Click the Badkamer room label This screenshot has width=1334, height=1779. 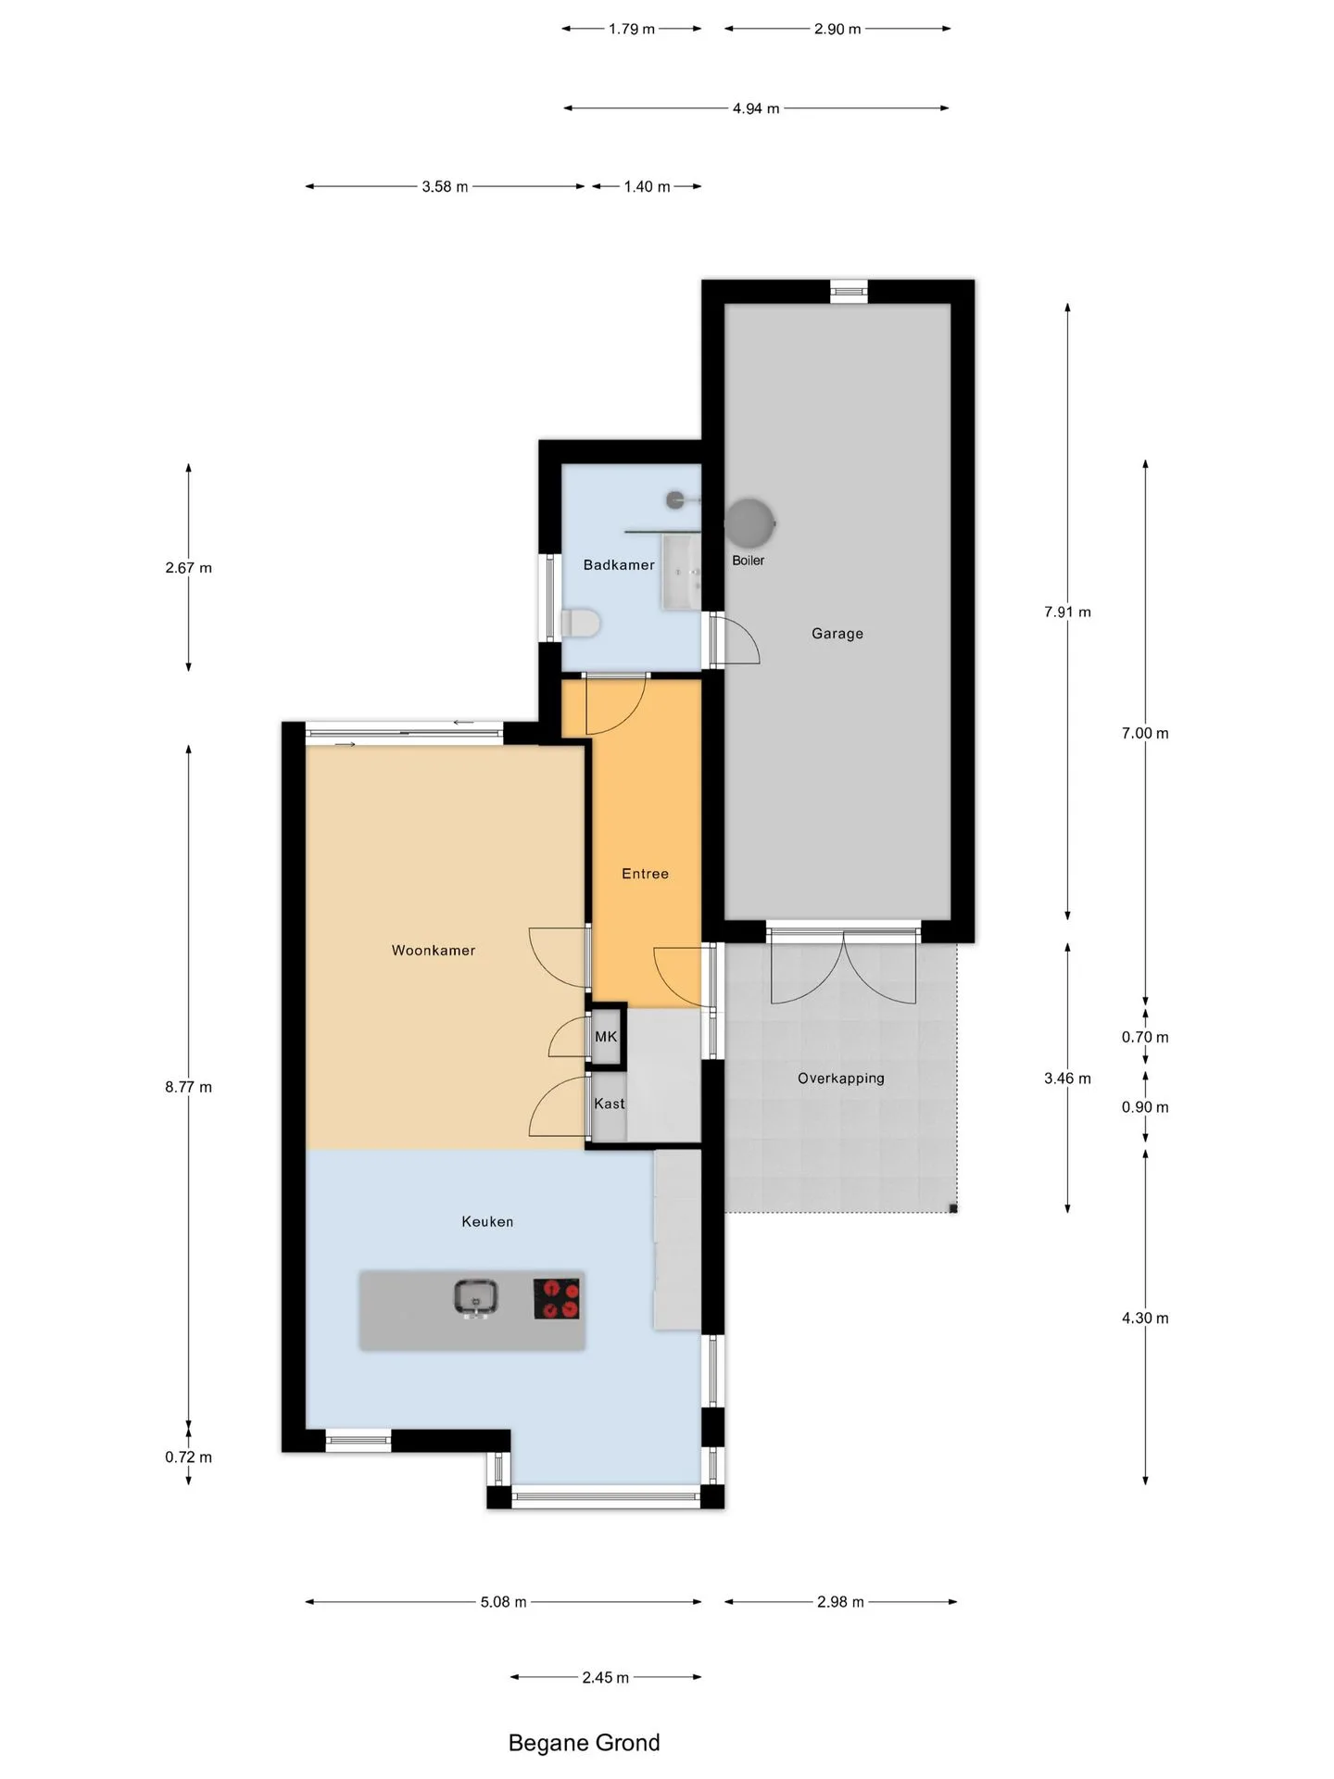point(619,564)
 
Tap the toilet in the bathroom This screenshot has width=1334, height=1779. point(581,623)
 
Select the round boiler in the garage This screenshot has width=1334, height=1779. point(749,524)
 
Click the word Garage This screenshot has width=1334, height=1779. point(837,634)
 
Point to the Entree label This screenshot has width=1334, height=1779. point(645,874)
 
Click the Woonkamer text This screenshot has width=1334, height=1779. point(434,950)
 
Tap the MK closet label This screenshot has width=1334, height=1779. point(606,1036)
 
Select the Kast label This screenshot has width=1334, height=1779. point(610,1104)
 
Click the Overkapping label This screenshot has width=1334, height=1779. point(841,1079)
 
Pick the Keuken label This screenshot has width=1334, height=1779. point(487,1221)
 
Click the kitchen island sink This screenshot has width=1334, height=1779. point(475,1298)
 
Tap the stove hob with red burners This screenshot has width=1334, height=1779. point(557,1298)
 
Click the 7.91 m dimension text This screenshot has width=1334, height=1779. point(1067,612)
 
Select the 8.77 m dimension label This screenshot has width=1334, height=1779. point(189,1087)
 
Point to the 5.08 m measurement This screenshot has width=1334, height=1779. point(503,1602)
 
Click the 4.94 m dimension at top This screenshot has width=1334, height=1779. point(756,108)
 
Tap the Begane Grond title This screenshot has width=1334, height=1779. point(585,1743)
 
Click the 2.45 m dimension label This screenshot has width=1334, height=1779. point(606,1678)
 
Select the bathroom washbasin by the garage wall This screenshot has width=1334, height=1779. point(681,572)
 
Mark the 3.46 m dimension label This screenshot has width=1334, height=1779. point(1067,1079)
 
